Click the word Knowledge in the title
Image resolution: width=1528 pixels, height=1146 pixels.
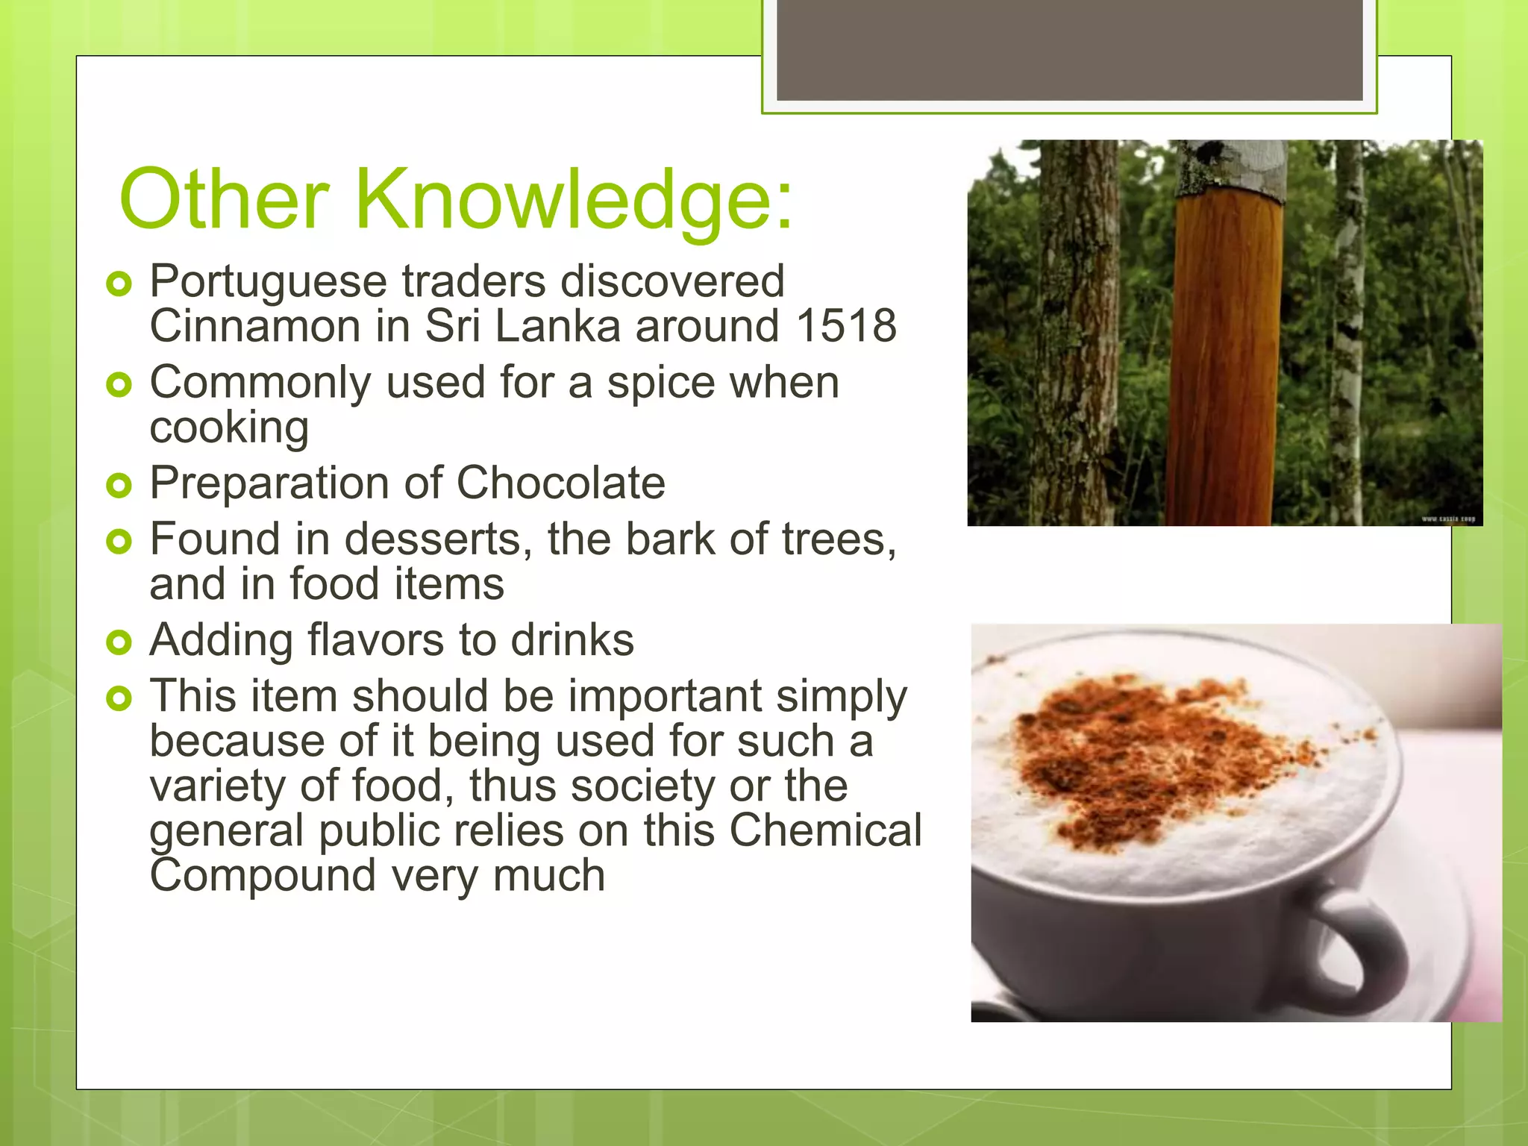click(574, 200)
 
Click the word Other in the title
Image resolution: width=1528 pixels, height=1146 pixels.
click(224, 200)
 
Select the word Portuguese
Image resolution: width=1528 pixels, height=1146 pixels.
click(269, 283)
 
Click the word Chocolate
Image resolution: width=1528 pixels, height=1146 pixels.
click(560, 483)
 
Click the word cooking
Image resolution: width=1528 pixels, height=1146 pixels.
click(229, 428)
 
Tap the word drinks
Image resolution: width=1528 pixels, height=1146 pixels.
click(572, 640)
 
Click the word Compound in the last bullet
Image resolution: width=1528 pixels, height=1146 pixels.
click(263, 875)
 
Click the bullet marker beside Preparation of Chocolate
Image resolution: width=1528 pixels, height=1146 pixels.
click(119, 485)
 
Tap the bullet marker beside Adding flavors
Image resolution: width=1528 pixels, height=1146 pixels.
click(119, 642)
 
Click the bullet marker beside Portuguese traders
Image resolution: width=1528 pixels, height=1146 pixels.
click(119, 284)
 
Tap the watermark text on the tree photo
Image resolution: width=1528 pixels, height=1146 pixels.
click(1447, 519)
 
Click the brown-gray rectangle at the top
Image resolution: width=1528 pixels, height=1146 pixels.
click(1069, 49)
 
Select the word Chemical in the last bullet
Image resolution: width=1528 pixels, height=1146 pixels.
click(825, 830)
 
